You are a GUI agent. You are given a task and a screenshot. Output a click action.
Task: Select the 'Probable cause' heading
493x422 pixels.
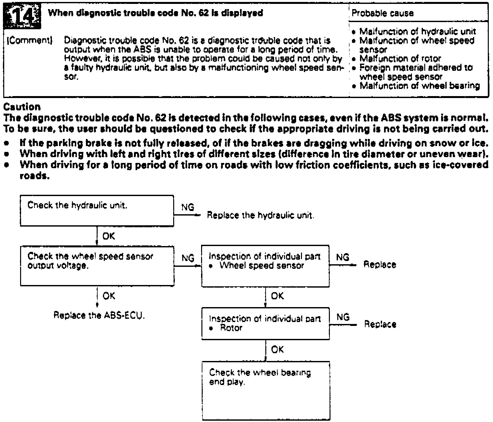pos(383,13)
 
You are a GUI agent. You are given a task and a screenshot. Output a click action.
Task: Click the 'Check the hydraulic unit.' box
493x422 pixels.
pos(97,210)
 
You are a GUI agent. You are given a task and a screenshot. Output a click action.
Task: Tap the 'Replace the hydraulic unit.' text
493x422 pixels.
pos(260,215)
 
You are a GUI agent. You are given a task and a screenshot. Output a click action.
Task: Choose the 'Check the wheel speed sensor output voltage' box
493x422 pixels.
pos(97,266)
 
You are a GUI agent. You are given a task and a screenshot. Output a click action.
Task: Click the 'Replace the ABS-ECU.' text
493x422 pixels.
pos(99,316)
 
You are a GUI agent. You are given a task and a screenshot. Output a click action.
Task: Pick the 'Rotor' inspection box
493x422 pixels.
pos(265,324)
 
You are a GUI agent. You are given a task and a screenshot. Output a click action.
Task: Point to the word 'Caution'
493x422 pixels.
pos(22,107)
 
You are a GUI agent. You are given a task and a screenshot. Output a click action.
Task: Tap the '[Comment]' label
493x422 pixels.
pos(30,41)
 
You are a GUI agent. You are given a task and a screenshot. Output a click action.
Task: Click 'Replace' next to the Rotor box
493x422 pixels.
pos(380,324)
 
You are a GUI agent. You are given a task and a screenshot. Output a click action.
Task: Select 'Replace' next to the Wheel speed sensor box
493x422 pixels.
pos(379,265)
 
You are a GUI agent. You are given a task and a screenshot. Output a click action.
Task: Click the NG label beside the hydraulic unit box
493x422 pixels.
pos(188,207)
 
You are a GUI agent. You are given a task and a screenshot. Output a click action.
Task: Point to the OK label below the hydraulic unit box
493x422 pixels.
pos(109,236)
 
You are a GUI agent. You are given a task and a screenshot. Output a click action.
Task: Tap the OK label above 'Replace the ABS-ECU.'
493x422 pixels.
pos(109,296)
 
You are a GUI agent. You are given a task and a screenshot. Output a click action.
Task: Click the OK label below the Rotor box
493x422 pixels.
pos(277,350)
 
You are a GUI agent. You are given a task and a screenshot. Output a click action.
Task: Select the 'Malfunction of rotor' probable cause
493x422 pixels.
pos(400,59)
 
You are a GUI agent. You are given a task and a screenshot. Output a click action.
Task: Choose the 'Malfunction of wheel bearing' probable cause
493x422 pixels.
pos(420,86)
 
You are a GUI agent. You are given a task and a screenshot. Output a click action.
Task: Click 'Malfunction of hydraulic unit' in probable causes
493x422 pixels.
pos(418,31)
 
